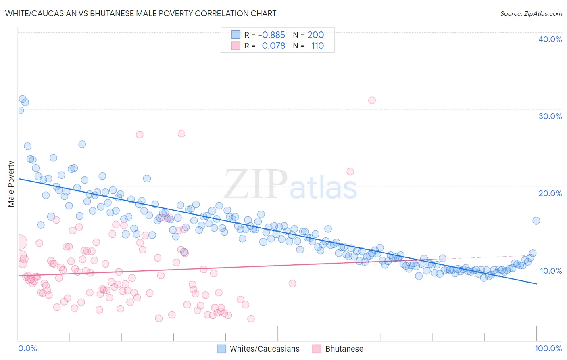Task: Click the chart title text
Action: point(140,13)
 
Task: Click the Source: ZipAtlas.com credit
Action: point(531,13)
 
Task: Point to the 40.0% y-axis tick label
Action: point(550,39)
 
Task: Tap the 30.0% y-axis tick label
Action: point(550,116)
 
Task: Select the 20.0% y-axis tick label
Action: point(550,193)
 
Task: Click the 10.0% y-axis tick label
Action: point(550,271)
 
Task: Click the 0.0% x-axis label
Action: point(27,348)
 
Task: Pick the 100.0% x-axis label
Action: point(548,348)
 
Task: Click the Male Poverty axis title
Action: point(11,184)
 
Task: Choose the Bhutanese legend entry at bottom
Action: point(344,349)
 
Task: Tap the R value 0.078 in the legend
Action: point(273,46)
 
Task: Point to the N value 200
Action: point(315,35)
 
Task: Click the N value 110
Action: point(317,46)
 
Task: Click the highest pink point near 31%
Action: point(372,100)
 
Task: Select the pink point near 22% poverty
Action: point(350,172)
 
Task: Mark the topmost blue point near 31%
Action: point(23,99)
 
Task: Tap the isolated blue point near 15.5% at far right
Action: point(536,220)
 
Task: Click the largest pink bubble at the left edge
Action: point(19,242)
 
